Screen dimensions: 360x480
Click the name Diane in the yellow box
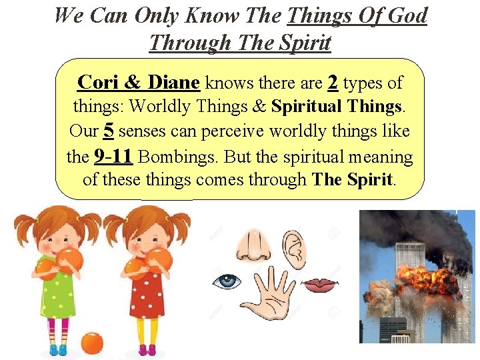pos(173,83)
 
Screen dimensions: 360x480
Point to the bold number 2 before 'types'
pos(333,83)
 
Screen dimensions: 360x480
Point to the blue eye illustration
pos(227,281)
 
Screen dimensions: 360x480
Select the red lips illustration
pos(320,285)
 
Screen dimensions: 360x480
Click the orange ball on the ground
pos(92,343)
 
